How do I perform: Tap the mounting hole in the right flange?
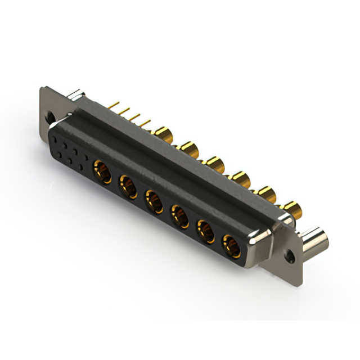click(x=290, y=256)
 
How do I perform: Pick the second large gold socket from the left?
click(x=128, y=184)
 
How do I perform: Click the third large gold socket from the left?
click(x=154, y=200)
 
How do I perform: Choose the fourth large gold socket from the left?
click(x=179, y=215)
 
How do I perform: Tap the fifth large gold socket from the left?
click(x=205, y=231)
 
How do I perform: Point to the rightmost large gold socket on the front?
click(x=231, y=246)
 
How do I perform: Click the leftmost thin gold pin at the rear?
click(x=115, y=104)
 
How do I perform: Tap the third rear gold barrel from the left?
click(x=214, y=164)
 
